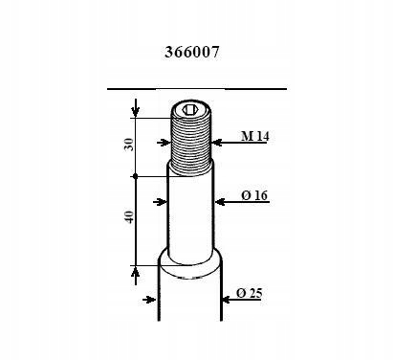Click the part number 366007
pyautogui.click(x=192, y=52)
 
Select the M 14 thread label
pyautogui.click(x=254, y=136)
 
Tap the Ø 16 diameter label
pyautogui.click(x=254, y=195)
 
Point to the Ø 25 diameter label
pyautogui.click(x=250, y=293)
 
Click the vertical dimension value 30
pyautogui.click(x=129, y=145)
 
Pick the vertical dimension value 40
pyautogui.click(x=129, y=217)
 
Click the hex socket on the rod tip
pyautogui.click(x=189, y=110)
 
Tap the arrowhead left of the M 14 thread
pyautogui.click(x=165, y=143)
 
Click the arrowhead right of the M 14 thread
pyautogui.click(x=217, y=143)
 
